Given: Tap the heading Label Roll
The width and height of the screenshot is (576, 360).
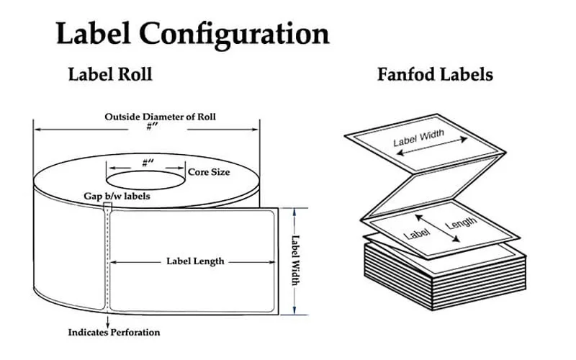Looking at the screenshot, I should point(109,74).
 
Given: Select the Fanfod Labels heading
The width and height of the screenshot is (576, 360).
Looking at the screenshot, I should point(435,74).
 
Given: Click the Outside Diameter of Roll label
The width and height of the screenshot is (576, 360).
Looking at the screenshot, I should point(160,117).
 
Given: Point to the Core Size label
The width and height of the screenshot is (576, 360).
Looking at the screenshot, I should point(209,173).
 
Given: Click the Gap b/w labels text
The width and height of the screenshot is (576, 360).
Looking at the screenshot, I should point(117,196).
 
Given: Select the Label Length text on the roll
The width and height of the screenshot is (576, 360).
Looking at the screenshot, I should point(195,261).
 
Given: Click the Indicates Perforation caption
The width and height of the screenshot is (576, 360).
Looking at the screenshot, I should point(114,333).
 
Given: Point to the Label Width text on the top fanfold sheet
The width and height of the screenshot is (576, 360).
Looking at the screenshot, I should point(418,138).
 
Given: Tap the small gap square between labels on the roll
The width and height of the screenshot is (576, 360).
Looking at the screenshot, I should point(107,207).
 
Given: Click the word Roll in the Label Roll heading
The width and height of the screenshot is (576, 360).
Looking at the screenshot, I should point(135,74).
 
